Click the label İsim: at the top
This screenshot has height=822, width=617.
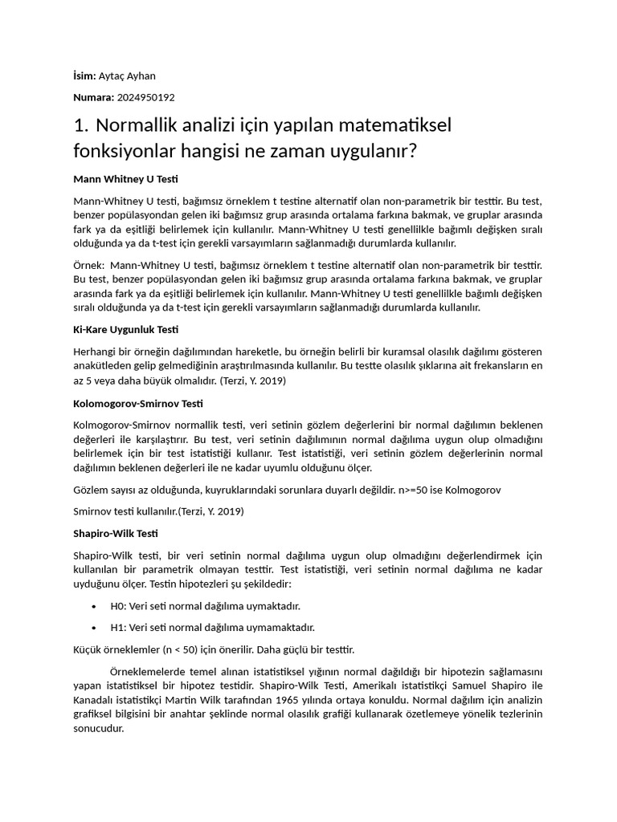coord(84,76)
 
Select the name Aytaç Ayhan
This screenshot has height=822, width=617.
coord(127,76)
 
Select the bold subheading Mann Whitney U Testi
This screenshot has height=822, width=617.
coord(125,178)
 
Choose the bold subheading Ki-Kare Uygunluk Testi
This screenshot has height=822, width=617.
coord(125,330)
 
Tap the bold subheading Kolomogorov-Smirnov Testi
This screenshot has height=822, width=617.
coord(138,403)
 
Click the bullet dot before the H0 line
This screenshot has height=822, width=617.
coord(95,606)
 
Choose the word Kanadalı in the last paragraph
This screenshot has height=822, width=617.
coord(93,699)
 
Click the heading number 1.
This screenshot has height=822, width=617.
coord(79,125)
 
